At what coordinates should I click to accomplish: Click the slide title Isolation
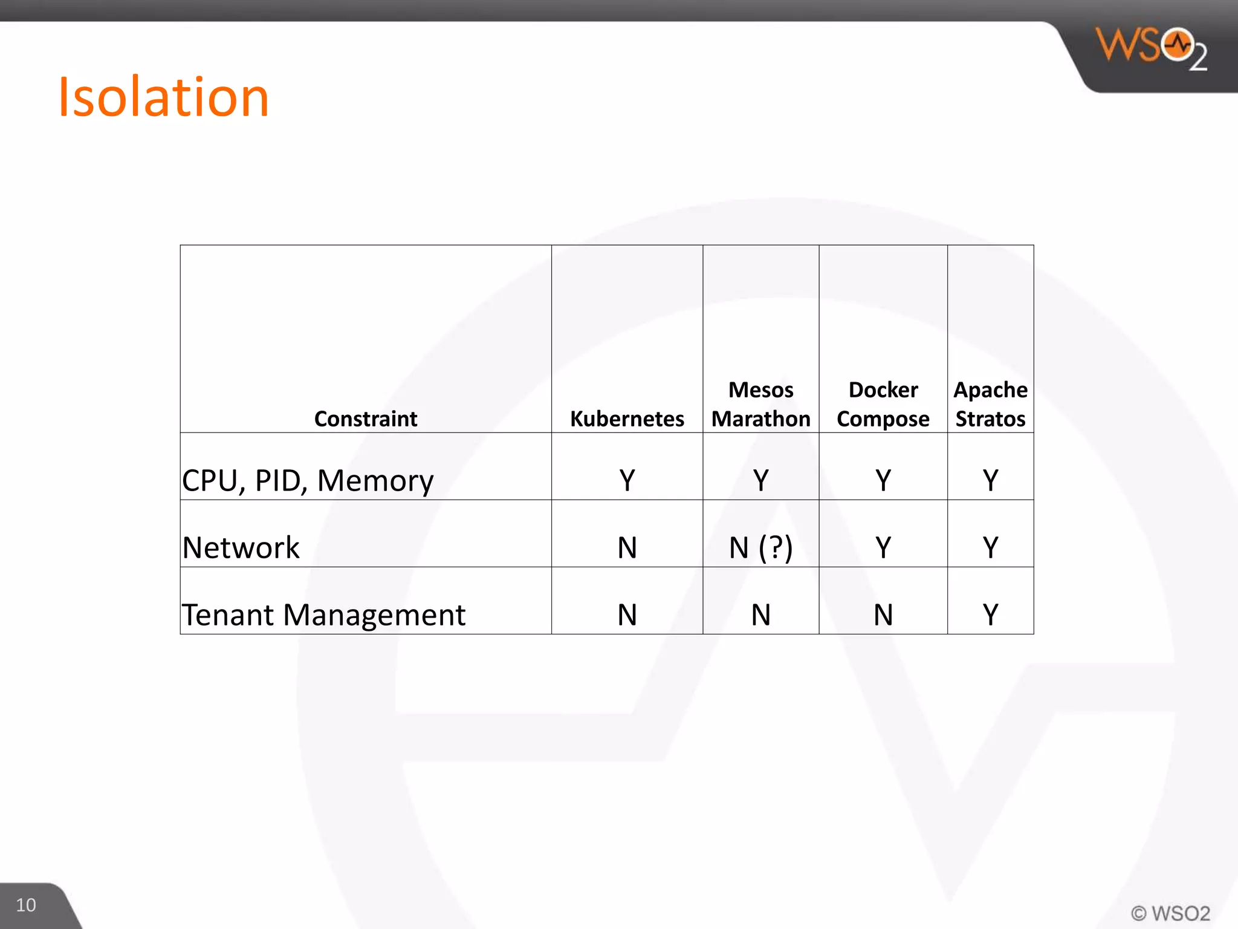click(163, 97)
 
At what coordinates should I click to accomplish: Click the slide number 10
click(26, 905)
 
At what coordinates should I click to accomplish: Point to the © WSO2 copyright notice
click(1170, 913)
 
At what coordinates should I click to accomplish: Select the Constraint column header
click(366, 419)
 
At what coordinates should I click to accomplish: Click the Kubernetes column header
click(627, 419)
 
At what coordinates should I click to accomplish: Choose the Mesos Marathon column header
click(760, 404)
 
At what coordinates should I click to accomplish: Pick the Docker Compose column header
click(883, 404)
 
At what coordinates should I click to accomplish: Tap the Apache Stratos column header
click(990, 404)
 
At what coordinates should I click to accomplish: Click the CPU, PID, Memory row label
click(308, 481)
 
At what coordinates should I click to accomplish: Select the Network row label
click(241, 548)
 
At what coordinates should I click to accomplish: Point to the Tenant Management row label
click(323, 615)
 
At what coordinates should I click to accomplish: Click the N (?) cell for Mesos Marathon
click(760, 548)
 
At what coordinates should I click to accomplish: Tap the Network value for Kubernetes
click(627, 548)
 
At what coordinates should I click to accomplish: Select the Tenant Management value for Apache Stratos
click(990, 615)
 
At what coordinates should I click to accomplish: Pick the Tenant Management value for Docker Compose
click(883, 615)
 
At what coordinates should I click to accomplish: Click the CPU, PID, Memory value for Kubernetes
click(627, 481)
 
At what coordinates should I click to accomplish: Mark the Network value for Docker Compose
click(883, 548)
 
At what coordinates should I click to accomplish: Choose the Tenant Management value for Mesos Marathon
click(760, 615)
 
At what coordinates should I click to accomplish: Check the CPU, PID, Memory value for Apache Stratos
click(990, 481)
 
